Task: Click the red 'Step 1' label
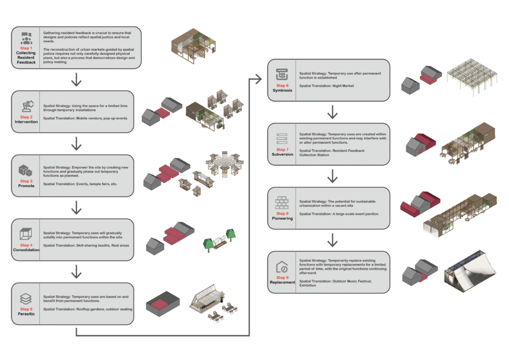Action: click(x=26, y=48)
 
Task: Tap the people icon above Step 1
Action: click(x=26, y=38)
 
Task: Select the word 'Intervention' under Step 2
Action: click(x=26, y=122)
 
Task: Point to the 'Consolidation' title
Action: click(x=26, y=250)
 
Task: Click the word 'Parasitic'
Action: click(x=26, y=314)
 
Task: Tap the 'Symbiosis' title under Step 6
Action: click(x=282, y=90)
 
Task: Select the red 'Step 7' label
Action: click(x=282, y=149)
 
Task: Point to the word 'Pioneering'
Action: click(x=282, y=218)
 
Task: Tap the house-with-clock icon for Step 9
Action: click(x=282, y=268)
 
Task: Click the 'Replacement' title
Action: click(x=282, y=282)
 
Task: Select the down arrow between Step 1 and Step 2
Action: click(x=76, y=79)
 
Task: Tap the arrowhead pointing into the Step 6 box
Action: click(x=258, y=78)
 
